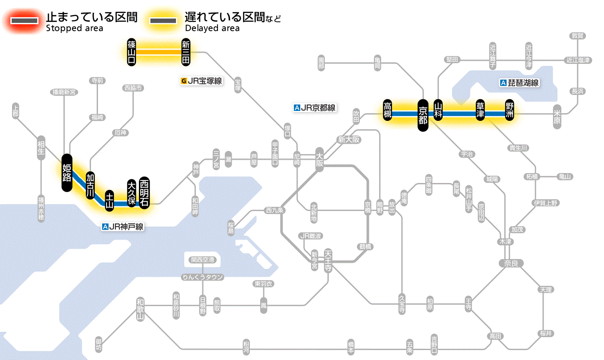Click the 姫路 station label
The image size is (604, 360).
click(x=67, y=172)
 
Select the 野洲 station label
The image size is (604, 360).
click(x=510, y=111)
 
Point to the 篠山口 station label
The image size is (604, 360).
click(x=132, y=52)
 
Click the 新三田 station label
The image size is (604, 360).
click(x=186, y=52)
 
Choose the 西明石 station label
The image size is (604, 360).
click(x=144, y=193)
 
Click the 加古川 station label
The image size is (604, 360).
click(x=90, y=186)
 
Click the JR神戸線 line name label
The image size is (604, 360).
click(x=123, y=226)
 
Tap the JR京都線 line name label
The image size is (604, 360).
click(x=314, y=108)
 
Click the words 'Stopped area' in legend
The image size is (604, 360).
click(x=74, y=28)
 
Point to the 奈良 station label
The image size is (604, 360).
click(x=511, y=263)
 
